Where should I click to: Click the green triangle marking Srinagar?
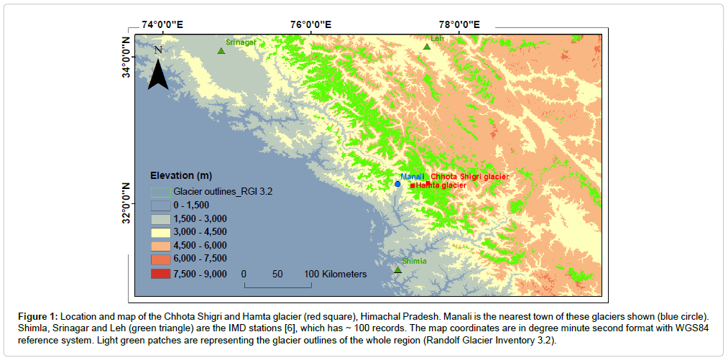(x=221, y=50)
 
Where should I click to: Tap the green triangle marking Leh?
(x=427, y=46)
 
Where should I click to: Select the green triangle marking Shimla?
(x=397, y=269)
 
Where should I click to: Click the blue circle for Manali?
(x=397, y=184)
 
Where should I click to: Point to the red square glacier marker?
(x=413, y=186)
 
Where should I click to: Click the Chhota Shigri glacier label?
(x=470, y=177)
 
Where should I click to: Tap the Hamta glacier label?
(x=441, y=185)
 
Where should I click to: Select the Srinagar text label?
(x=241, y=42)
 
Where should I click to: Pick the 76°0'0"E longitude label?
(x=311, y=24)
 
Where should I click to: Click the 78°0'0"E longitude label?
(x=459, y=24)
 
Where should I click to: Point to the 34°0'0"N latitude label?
(x=127, y=57)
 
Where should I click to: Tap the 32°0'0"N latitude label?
(x=127, y=204)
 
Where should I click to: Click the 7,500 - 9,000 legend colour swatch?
(x=161, y=274)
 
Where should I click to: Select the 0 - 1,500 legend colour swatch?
(x=161, y=205)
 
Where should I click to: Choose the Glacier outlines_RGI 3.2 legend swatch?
(x=161, y=191)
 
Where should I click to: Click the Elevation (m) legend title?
(x=181, y=176)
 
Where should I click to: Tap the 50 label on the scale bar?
(x=277, y=274)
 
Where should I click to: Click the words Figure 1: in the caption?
(x=38, y=316)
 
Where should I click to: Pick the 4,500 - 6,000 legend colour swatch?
(x=161, y=246)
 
